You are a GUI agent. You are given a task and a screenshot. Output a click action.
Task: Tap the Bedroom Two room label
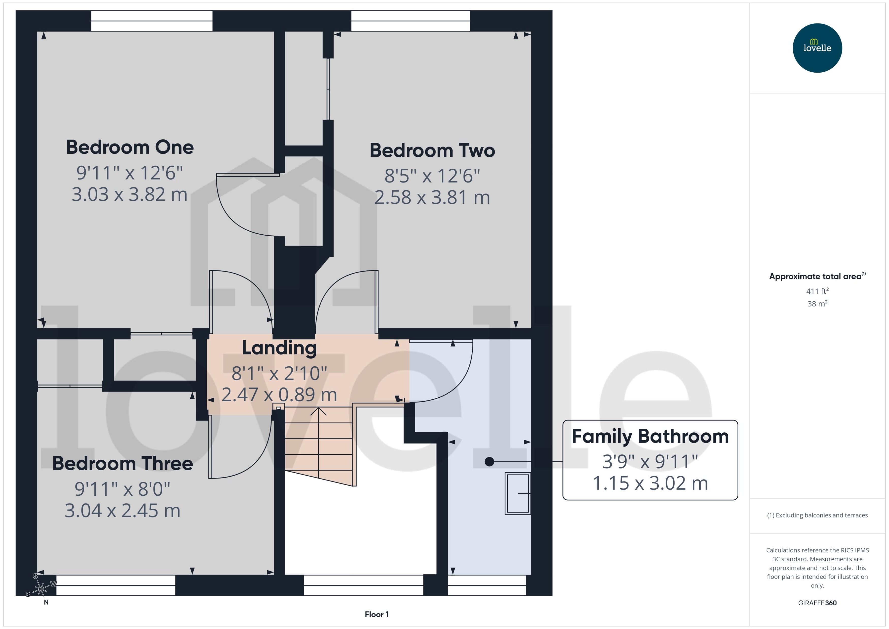click(x=432, y=150)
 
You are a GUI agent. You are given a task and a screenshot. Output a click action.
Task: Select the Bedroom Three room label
click(x=122, y=463)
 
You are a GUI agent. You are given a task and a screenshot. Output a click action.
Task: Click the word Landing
click(x=279, y=348)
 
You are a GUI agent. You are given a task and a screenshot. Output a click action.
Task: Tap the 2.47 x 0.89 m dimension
click(x=279, y=395)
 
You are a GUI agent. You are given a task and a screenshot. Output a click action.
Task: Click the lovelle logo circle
click(x=817, y=48)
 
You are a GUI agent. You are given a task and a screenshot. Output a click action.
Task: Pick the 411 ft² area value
click(x=817, y=291)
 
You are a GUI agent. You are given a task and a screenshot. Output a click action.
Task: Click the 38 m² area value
click(x=817, y=304)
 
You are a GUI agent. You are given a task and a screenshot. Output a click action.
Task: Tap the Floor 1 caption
click(x=376, y=614)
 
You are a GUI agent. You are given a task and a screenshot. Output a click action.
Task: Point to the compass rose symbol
click(x=41, y=589)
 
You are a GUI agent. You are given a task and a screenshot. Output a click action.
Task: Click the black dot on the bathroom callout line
click(x=489, y=462)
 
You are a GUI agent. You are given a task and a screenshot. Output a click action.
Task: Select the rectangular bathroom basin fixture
click(x=517, y=493)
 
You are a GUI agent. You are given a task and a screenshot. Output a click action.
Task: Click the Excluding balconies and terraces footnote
click(x=817, y=515)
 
